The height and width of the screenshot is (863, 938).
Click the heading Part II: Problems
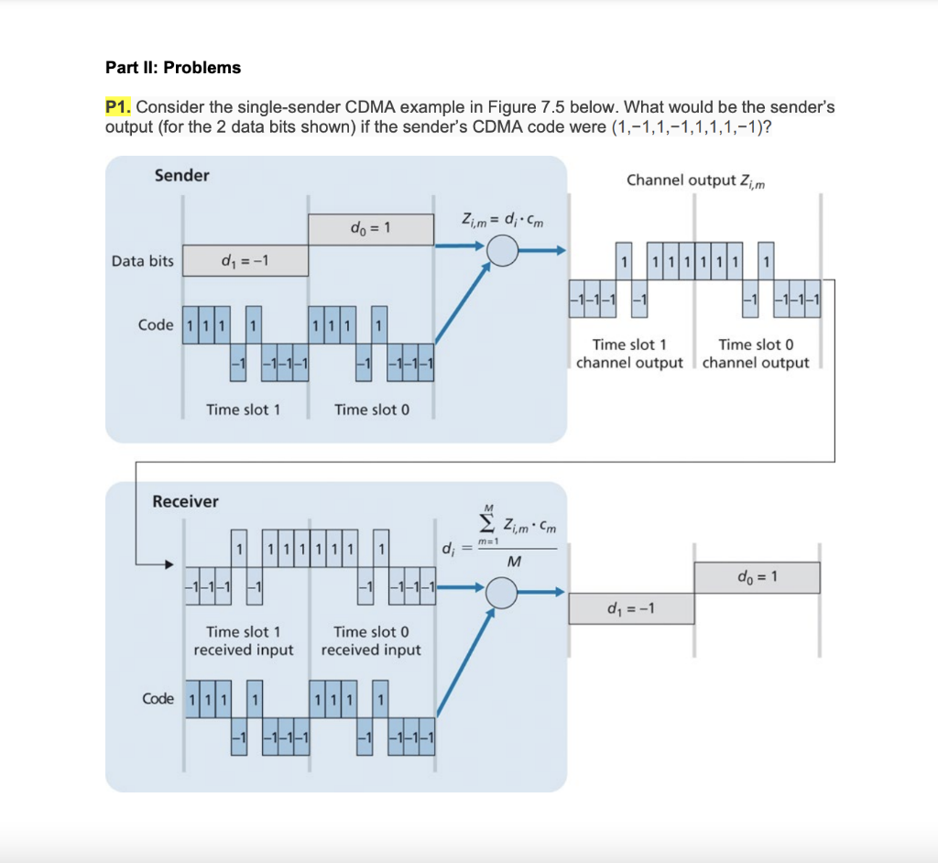(173, 68)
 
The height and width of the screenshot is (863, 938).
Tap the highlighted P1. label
(119, 107)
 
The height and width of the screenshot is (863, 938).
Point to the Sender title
(181, 175)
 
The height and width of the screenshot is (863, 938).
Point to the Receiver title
(185, 501)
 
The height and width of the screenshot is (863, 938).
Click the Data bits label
(142, 261)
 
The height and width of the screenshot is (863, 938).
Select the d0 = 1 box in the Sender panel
(370, 229)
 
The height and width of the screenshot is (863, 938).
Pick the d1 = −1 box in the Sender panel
(245, 261)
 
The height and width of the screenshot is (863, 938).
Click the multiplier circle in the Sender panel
(502, 250)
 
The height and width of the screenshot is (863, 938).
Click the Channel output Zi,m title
(696, 180)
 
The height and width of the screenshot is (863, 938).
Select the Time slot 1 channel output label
(629, 354)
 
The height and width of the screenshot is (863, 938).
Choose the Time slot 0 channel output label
(756, 354)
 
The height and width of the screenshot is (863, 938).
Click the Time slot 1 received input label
(244, 640)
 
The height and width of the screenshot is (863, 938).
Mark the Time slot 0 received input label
(371, 640)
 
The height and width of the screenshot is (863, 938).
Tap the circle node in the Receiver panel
(502, 594)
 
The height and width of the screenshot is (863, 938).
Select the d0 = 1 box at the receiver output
(757, 577)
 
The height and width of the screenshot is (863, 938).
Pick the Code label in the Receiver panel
(158, 699)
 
